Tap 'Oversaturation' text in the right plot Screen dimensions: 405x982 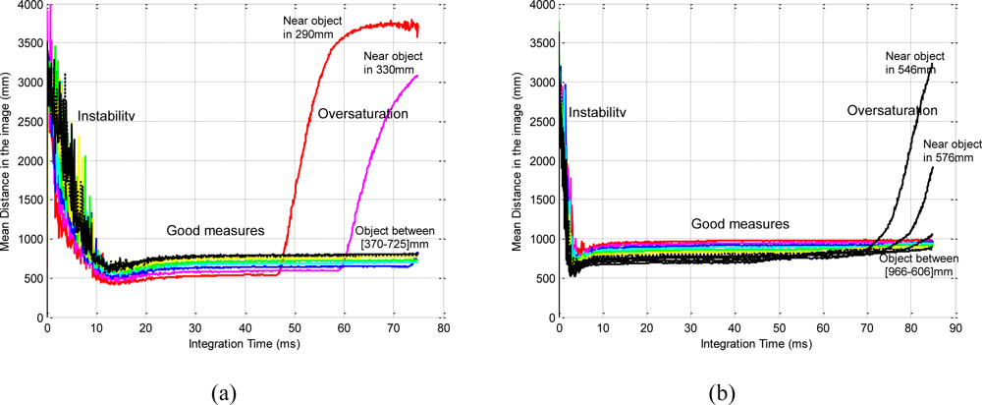[892, 111]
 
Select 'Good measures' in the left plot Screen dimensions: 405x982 [214, 230]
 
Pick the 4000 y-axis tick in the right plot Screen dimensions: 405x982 [540, 6]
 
